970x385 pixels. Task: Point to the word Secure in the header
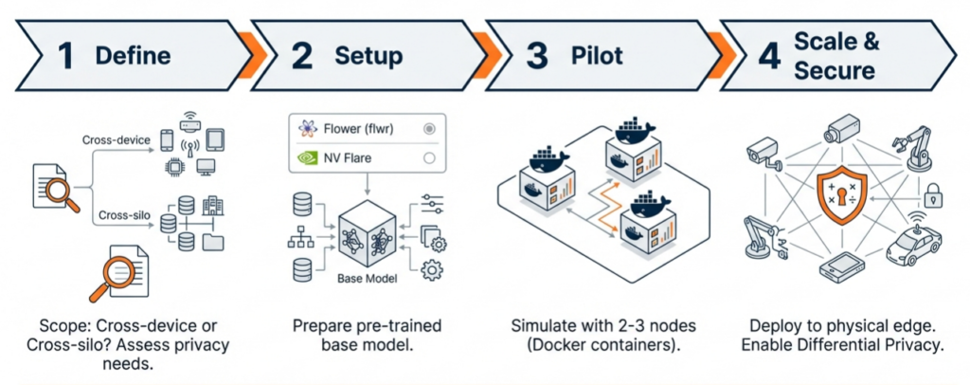(x=835, y=70)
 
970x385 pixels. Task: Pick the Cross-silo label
(x=125, y=214)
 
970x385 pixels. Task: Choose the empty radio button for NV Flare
(x=429, y=158)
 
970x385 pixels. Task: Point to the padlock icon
(x=933, y=196)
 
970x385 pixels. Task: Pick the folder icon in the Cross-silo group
(x=213, y=243)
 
